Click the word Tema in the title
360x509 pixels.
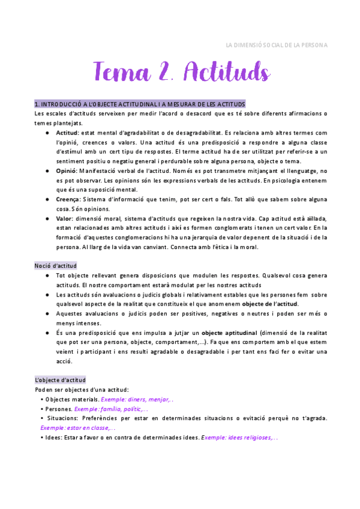(x=121, y=73)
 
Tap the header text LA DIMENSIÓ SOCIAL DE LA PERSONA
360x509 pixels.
(x=276, y=46)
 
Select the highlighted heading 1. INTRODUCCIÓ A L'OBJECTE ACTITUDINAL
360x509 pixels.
(x=140, y=104)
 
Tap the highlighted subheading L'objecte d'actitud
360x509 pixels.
(x=60, y=380)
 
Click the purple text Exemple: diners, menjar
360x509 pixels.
(x=137, y=399)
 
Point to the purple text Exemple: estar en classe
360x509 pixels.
(x=78, y=428)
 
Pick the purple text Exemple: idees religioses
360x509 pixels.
(x=239, y=438)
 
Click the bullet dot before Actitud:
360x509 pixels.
(x=47, y=133)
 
